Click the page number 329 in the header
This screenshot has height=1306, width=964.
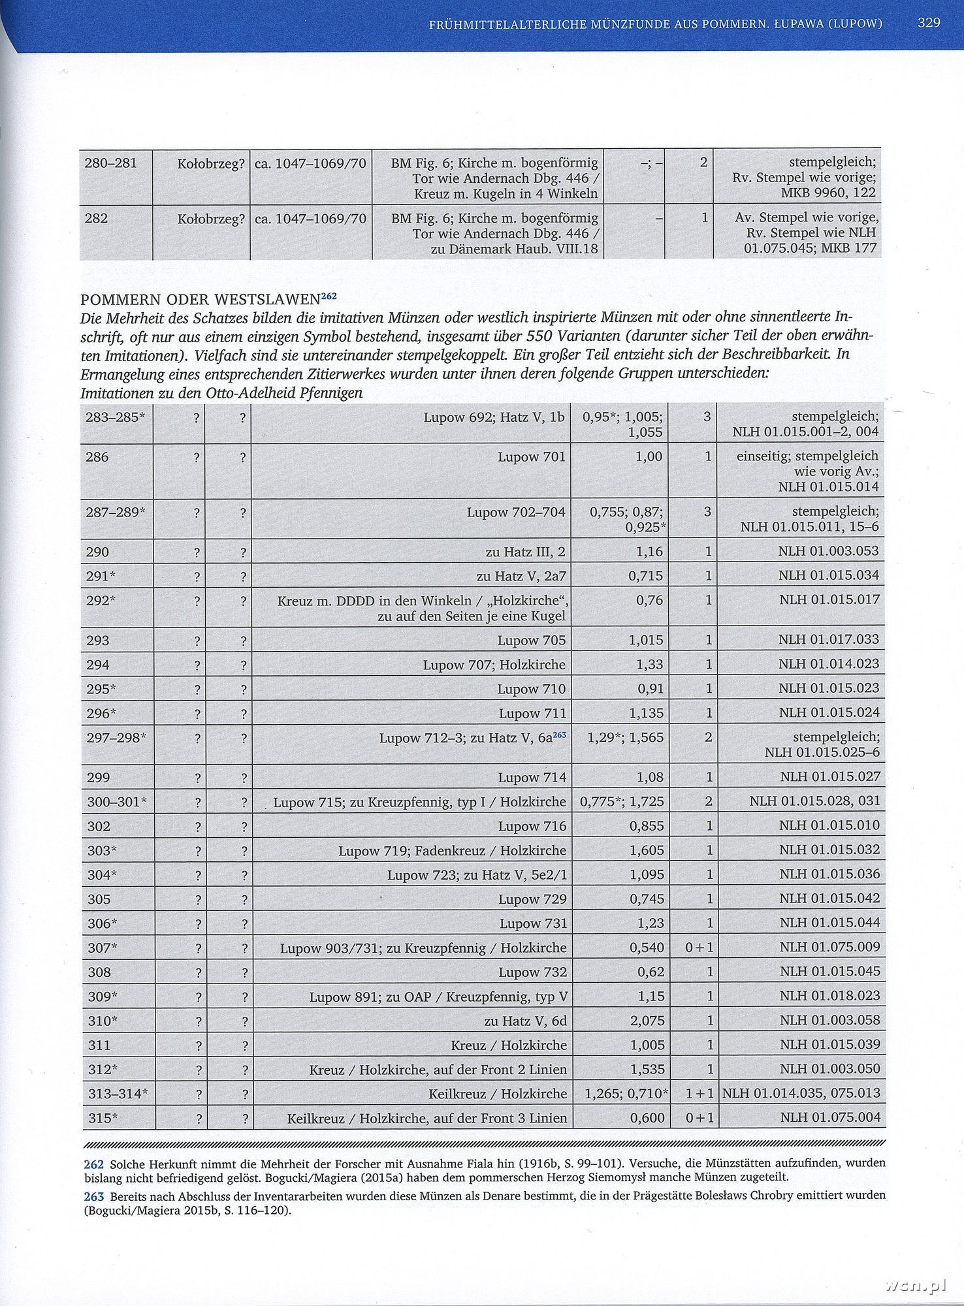click(928, 23)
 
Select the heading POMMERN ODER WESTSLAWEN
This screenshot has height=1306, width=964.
click(200, 300)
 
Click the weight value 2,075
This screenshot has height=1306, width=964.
click(647, 1020)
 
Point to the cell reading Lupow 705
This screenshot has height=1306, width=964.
click(532, 641)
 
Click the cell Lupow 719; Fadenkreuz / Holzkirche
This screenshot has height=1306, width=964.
click(452, 851)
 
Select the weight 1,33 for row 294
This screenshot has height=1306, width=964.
click(650, 665)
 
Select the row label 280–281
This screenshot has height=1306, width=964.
click(111, 163)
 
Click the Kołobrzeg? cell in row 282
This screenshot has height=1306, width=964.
click(211, 219)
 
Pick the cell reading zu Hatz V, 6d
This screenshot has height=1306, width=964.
click(525, 1021)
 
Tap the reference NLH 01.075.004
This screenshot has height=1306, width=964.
click(829, 1117)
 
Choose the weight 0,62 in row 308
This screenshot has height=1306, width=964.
click(651, 972)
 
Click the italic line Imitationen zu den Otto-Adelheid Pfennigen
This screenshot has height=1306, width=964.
click(221, 393)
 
